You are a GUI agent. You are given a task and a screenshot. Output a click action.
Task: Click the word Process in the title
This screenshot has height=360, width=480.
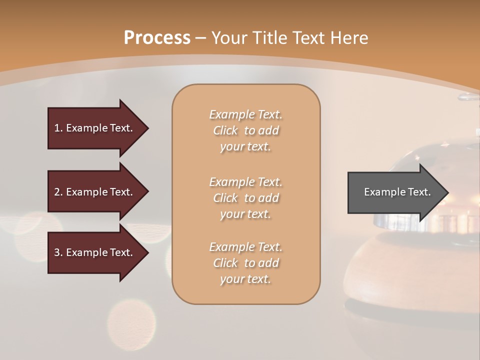[x=157, y=38]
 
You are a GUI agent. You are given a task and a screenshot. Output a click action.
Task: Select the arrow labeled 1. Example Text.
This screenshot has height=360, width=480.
[x=95, y=128]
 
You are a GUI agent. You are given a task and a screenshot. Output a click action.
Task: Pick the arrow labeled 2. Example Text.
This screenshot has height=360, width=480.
[x=95, y=192]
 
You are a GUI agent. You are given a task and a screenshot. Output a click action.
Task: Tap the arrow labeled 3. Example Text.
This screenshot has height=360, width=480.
[x=95, y=252]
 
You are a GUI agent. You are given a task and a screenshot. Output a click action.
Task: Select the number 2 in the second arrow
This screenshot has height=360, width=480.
[x=57, y=192]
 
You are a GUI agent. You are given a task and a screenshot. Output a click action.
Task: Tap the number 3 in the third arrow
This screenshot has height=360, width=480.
[x=57, y=252]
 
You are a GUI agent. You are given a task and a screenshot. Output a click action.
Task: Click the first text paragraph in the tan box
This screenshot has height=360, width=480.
[x=245, y=130]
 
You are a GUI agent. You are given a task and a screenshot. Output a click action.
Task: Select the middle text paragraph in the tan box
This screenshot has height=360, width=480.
[x=245, y=197]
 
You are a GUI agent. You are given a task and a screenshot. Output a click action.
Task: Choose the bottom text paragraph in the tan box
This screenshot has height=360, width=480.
[x=245, y=263]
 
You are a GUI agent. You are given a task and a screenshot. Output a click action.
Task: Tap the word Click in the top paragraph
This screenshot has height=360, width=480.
[x=225, y=130]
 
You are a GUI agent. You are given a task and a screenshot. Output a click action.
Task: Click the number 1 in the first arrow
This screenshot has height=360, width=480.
[x=56, y=128]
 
